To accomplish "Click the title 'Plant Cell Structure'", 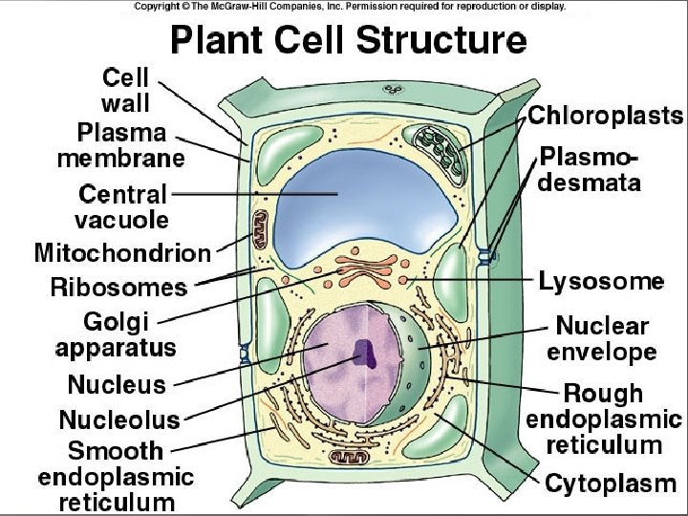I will pyautogui.click(x=348, y=41).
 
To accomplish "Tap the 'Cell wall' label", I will pyautogui.click(x=125, y=89).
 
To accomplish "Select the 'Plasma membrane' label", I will pyautogui.click(x=120, y=144).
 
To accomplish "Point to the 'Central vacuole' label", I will pyautogui.click(x=123, y=206).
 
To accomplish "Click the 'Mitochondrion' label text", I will pyautogui.click(x=122, y=253).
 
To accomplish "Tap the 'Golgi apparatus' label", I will pyautogui.click(x=116, y=334).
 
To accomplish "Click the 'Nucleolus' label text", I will pyautogui.click(x=119, y=419).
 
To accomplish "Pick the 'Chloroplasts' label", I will pyautogui.click(x=606, y=117).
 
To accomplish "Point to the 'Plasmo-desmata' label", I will pyautogui.click(x=590, y=169).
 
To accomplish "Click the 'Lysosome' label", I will pyautogui.click(x=601, y=281).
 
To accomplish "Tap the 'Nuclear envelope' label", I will pyautogui.click(x=602, y=339).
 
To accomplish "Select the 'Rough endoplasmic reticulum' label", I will pyautogui.click(x=604, y=419).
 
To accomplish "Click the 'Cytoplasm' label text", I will pyautogui.click(x=611, y=484).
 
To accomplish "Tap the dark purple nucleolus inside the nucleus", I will pyautogui.click(x=364, y=355).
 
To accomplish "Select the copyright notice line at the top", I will pyautogui.click(x=350, y=6).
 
